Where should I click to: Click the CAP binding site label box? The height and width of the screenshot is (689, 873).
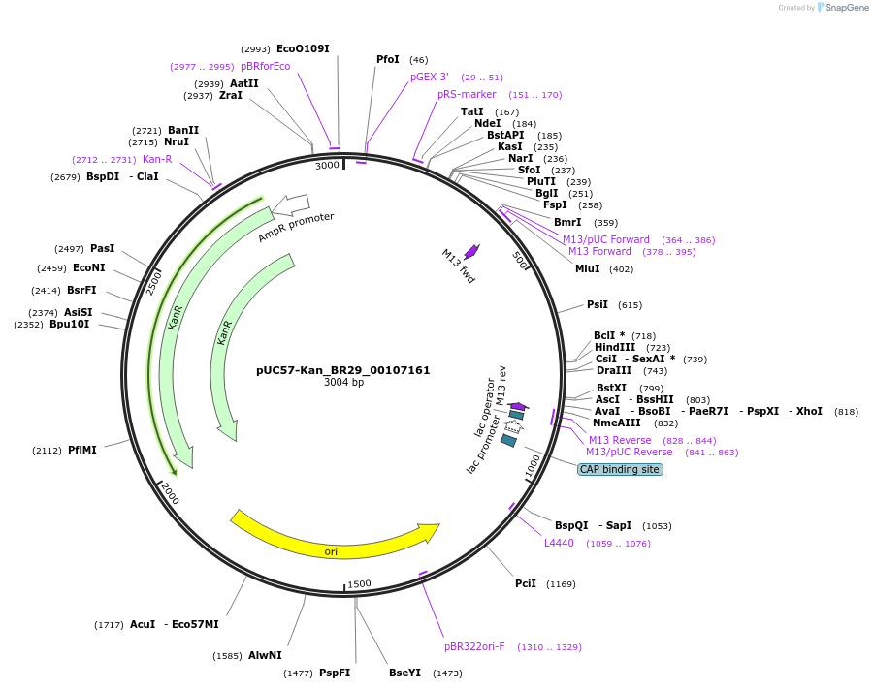[620, 469]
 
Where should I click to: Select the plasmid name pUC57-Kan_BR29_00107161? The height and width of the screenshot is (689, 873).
[342, 370]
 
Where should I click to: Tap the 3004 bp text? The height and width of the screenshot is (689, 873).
[343, 383]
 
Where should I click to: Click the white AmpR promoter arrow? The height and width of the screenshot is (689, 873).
[291, 204]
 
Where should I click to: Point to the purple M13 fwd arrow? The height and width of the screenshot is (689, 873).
[471, 251]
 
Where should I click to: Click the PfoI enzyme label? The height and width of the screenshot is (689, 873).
[387, 60]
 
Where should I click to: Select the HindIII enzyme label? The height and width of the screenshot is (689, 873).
[615, 347]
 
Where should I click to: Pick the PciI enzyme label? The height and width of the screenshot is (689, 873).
[525, 583]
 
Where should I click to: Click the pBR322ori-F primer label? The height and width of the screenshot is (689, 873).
[474, 646]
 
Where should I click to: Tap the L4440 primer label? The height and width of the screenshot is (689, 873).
[559, 543]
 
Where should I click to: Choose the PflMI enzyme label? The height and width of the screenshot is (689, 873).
[82, 450]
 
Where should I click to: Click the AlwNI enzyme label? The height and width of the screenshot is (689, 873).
[265, 655]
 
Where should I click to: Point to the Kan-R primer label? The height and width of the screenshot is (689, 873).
[157, 159]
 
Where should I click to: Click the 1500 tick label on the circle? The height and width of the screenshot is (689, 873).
[359, 583]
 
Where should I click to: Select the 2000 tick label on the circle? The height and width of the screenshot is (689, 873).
[170, 492]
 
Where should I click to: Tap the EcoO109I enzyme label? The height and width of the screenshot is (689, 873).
[303, 48]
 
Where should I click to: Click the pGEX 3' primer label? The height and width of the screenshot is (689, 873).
[429, 77]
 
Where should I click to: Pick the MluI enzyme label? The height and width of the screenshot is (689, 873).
[588, 268]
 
